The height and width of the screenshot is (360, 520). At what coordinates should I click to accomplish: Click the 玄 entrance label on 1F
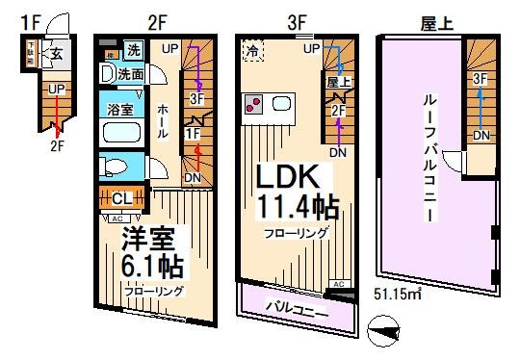57,54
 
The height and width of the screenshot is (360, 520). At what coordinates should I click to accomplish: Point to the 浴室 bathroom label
120,112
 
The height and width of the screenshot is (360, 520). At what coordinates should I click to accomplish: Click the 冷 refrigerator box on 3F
252,51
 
